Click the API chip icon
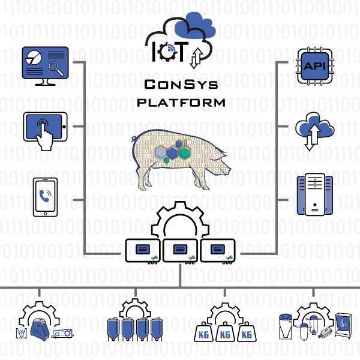pos(315,66)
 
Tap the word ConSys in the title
pos(181,84)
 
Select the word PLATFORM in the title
pos(181,103)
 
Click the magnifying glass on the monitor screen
pos(56,68)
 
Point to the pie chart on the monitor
pos(34,58)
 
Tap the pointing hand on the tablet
pos(45,135)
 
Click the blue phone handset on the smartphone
pos(45,196)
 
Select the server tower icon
pos(314,194)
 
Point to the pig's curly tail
pos(134,139)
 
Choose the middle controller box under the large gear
pos(180,251)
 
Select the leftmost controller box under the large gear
pos(143,251)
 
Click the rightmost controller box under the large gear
pos(218,251)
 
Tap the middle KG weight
pos(225,332)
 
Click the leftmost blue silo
pos(113,329)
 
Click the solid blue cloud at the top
pos(196,26)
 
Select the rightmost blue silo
pos(157,329)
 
